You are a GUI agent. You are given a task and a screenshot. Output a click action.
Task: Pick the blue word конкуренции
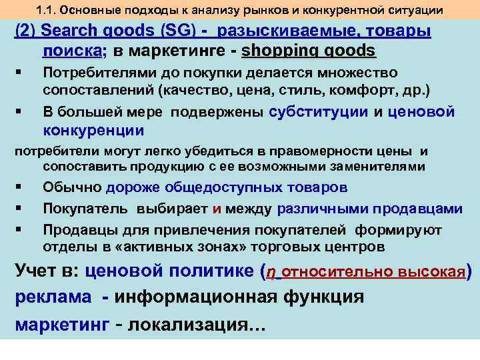[x=93, y=129]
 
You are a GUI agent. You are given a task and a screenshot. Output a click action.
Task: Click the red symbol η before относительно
[x=270, y=273]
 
